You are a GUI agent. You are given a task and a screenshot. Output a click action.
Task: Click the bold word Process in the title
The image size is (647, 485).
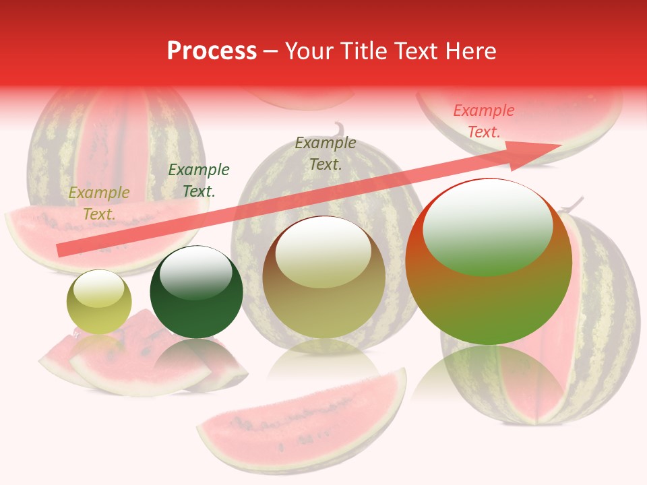click(212, 51)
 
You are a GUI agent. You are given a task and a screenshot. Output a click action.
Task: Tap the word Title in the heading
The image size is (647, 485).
click(359, 51)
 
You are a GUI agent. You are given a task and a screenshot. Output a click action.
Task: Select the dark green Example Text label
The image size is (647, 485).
click(198, 181)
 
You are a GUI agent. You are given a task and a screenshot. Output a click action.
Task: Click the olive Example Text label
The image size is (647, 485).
click(326, 154)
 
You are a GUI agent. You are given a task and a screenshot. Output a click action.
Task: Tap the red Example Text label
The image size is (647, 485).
click(483, 121)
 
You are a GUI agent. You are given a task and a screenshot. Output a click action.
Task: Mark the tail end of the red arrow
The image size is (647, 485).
click(61, 251)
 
